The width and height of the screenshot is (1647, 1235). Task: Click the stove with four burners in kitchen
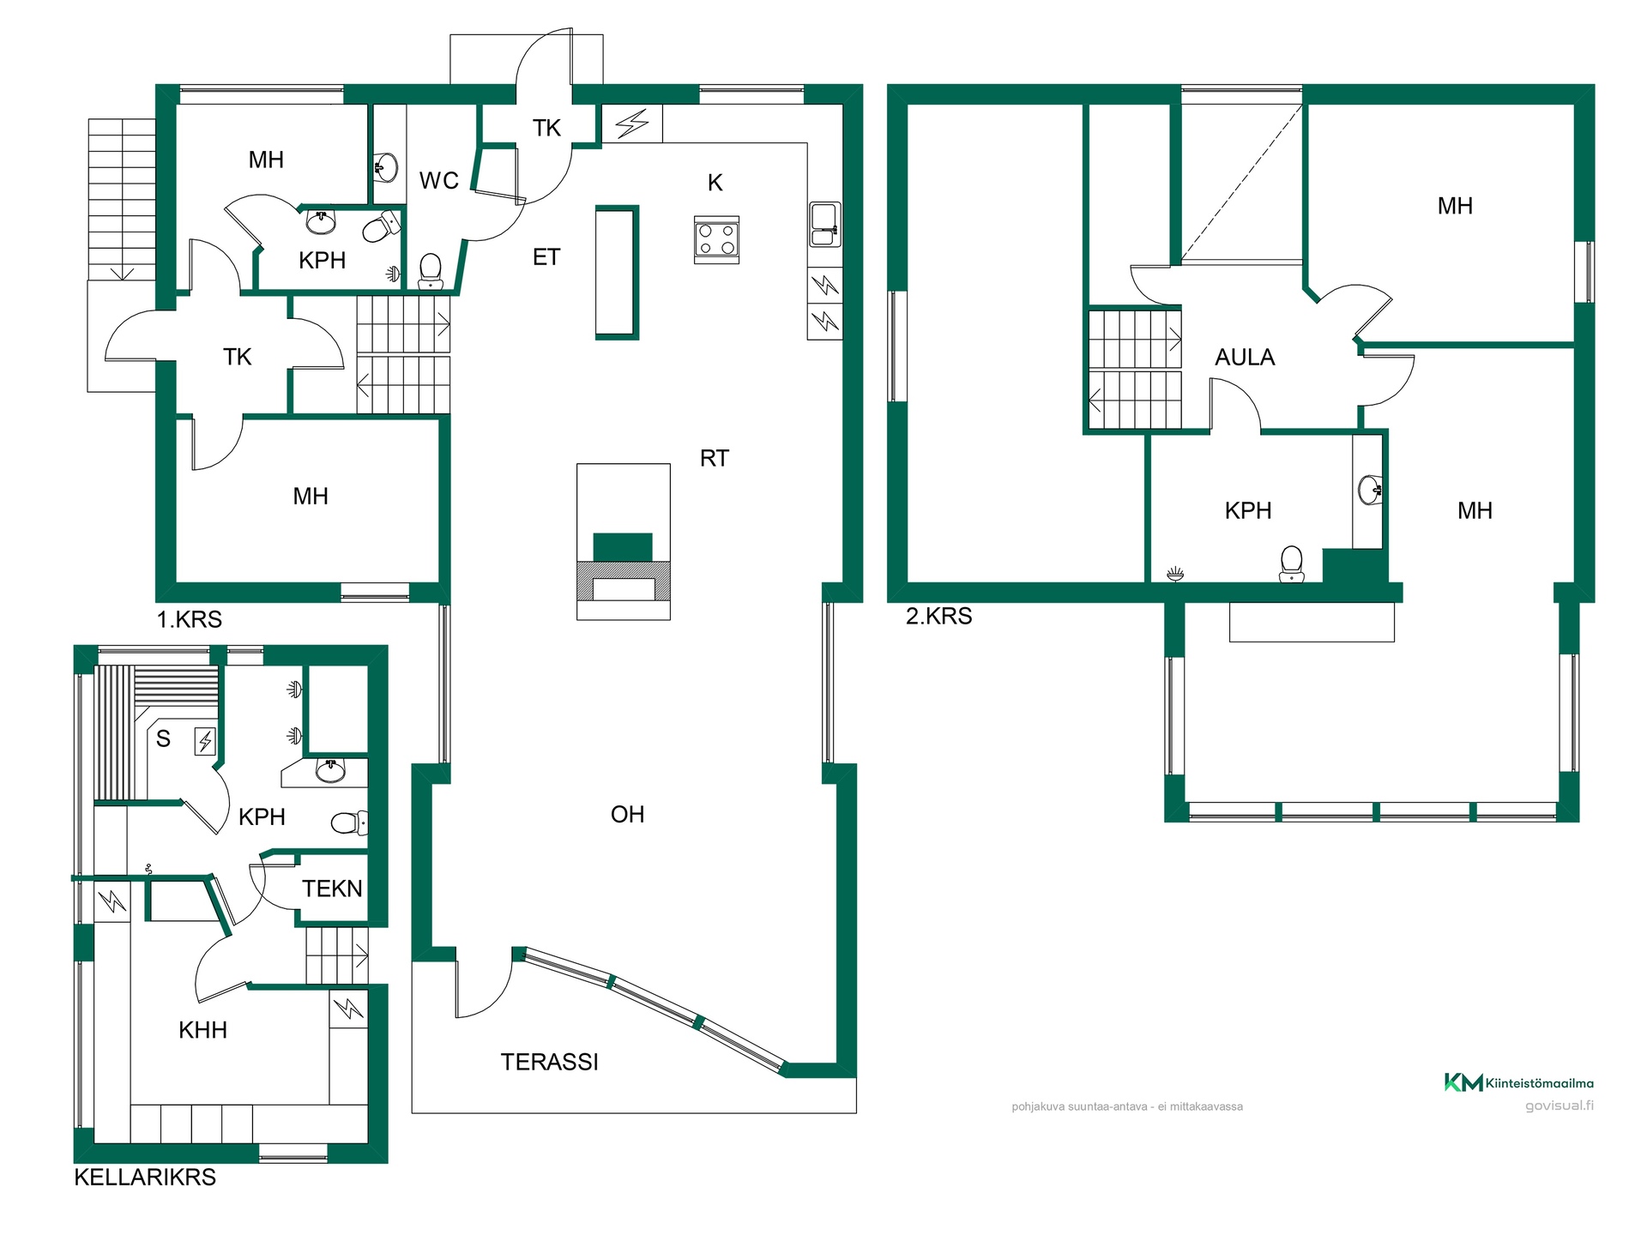coord(716,239)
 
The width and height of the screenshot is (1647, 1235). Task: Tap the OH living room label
coord(627,815)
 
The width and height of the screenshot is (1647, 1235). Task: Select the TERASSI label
coord(549,1062)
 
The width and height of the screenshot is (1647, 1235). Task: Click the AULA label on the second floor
coord(1245,358)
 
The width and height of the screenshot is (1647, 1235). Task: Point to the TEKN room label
coord(332,889)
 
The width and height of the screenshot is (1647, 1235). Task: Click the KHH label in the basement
coord(202,1030)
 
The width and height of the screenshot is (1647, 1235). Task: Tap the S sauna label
coord(163,738)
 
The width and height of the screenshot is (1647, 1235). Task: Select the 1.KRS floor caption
coord(190,619)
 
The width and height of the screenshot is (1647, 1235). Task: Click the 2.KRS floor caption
coord(939,616)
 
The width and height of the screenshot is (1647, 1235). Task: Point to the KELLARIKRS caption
coord(145,1177)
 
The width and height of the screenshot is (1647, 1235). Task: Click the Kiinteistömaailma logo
coord(1518,1082)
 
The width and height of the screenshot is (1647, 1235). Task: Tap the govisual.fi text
coord(1560,1105)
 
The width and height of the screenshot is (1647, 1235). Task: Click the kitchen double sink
coord(824,224)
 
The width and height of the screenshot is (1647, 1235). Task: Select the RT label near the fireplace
coord(715,459)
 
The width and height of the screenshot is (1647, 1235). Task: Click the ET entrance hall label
coord(546,257)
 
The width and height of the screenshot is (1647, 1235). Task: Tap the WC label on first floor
coord(438,181)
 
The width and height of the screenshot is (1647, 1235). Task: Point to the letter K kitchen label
coord(715,183)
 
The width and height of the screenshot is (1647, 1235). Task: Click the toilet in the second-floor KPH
coord(1291,563)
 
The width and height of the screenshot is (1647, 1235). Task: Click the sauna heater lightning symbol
coord(205,740)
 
